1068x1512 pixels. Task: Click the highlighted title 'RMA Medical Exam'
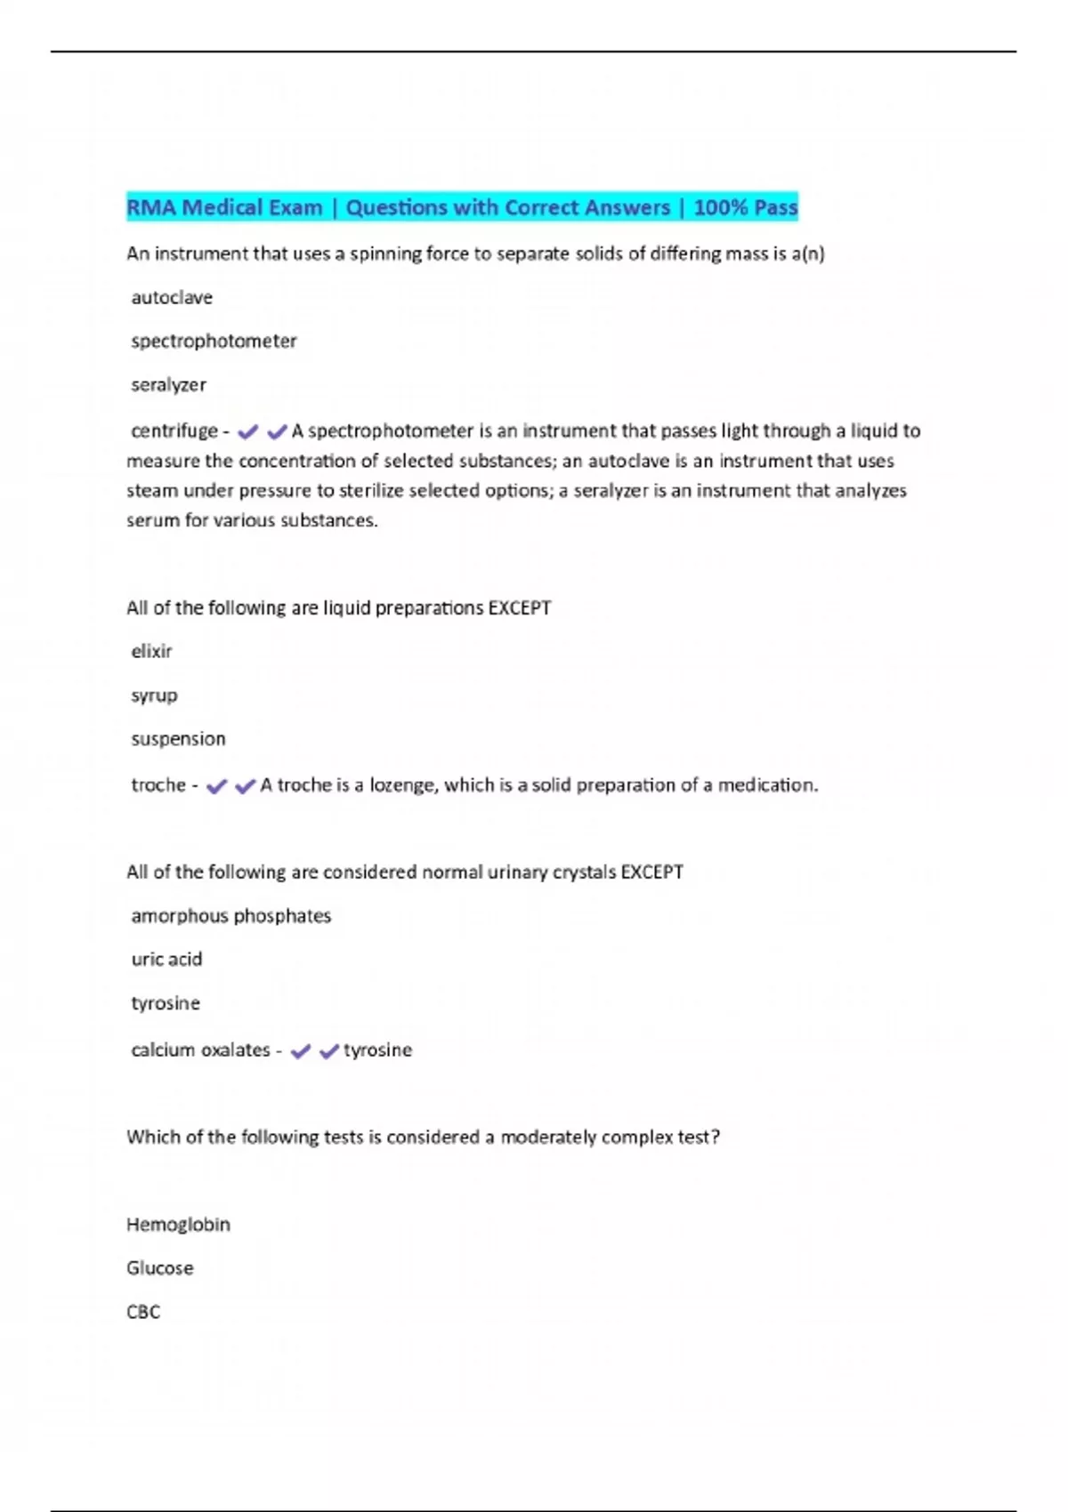tap(224, 207)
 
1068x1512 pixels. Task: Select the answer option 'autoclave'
tap(172, 297)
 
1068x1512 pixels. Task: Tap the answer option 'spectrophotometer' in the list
tap(214, 341)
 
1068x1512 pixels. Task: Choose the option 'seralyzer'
tap(168, 384)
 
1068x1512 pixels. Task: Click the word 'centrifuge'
tap(174, 430)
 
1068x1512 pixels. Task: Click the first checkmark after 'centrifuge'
tap(247, 431)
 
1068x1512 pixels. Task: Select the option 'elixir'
tap(151, 651)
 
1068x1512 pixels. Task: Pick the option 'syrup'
tap(154, 695)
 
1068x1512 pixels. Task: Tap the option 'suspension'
tap(178, 738)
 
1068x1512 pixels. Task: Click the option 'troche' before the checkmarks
tap(158, 784)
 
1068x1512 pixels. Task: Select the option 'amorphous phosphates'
tap(231, 915)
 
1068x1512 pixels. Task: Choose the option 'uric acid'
tap(166, 959)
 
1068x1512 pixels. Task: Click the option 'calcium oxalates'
tap(200, 1050)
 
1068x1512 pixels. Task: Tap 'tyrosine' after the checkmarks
tap(377, 1050)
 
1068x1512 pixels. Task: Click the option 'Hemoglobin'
tap(178, 1224)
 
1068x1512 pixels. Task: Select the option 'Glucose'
tap(159, 1267)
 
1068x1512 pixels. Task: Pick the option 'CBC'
tap(143, 1311)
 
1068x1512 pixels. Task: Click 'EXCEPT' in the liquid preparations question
tap(520, 607)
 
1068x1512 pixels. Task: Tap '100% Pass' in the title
tap(745, 207)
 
